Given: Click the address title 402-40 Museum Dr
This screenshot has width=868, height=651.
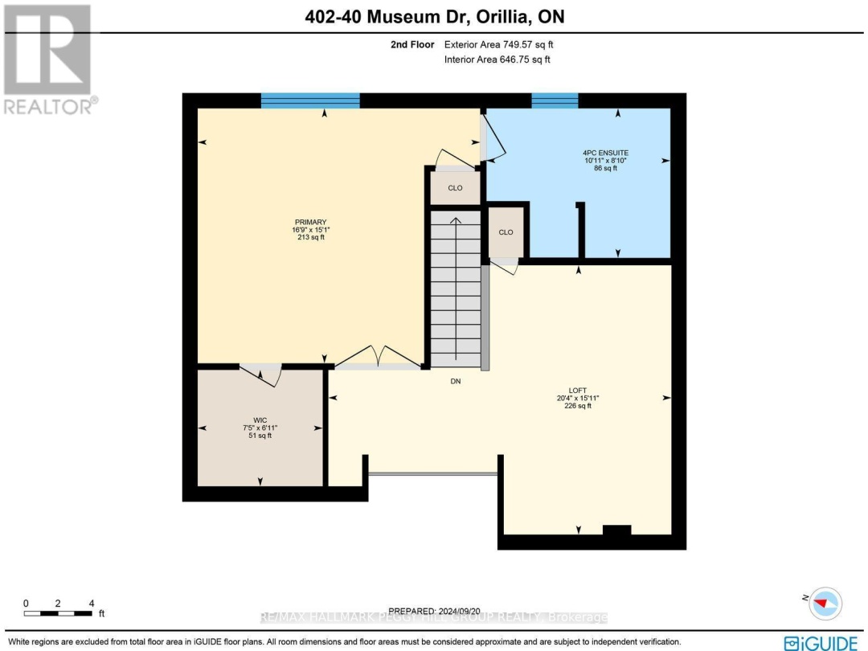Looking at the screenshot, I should pos(435,16).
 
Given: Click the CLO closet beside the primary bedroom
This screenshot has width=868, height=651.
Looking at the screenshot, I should pos(455,188).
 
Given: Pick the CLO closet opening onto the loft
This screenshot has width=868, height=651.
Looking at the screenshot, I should pos(506,232).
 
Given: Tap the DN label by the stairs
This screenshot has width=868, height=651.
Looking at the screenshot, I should pos(455,382).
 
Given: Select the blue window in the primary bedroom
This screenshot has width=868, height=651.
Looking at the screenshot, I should pos(309,100).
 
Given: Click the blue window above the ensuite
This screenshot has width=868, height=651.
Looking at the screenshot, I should pos(555,100).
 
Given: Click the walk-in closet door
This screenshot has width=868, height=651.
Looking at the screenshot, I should pos(261,371).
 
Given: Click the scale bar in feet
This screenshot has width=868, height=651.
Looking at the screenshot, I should pos(59,613).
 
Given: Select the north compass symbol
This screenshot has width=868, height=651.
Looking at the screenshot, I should pos(825,602).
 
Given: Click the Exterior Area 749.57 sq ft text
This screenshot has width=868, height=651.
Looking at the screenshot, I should pos(499,45).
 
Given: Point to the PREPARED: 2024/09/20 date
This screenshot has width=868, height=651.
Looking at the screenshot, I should pos(434,611).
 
